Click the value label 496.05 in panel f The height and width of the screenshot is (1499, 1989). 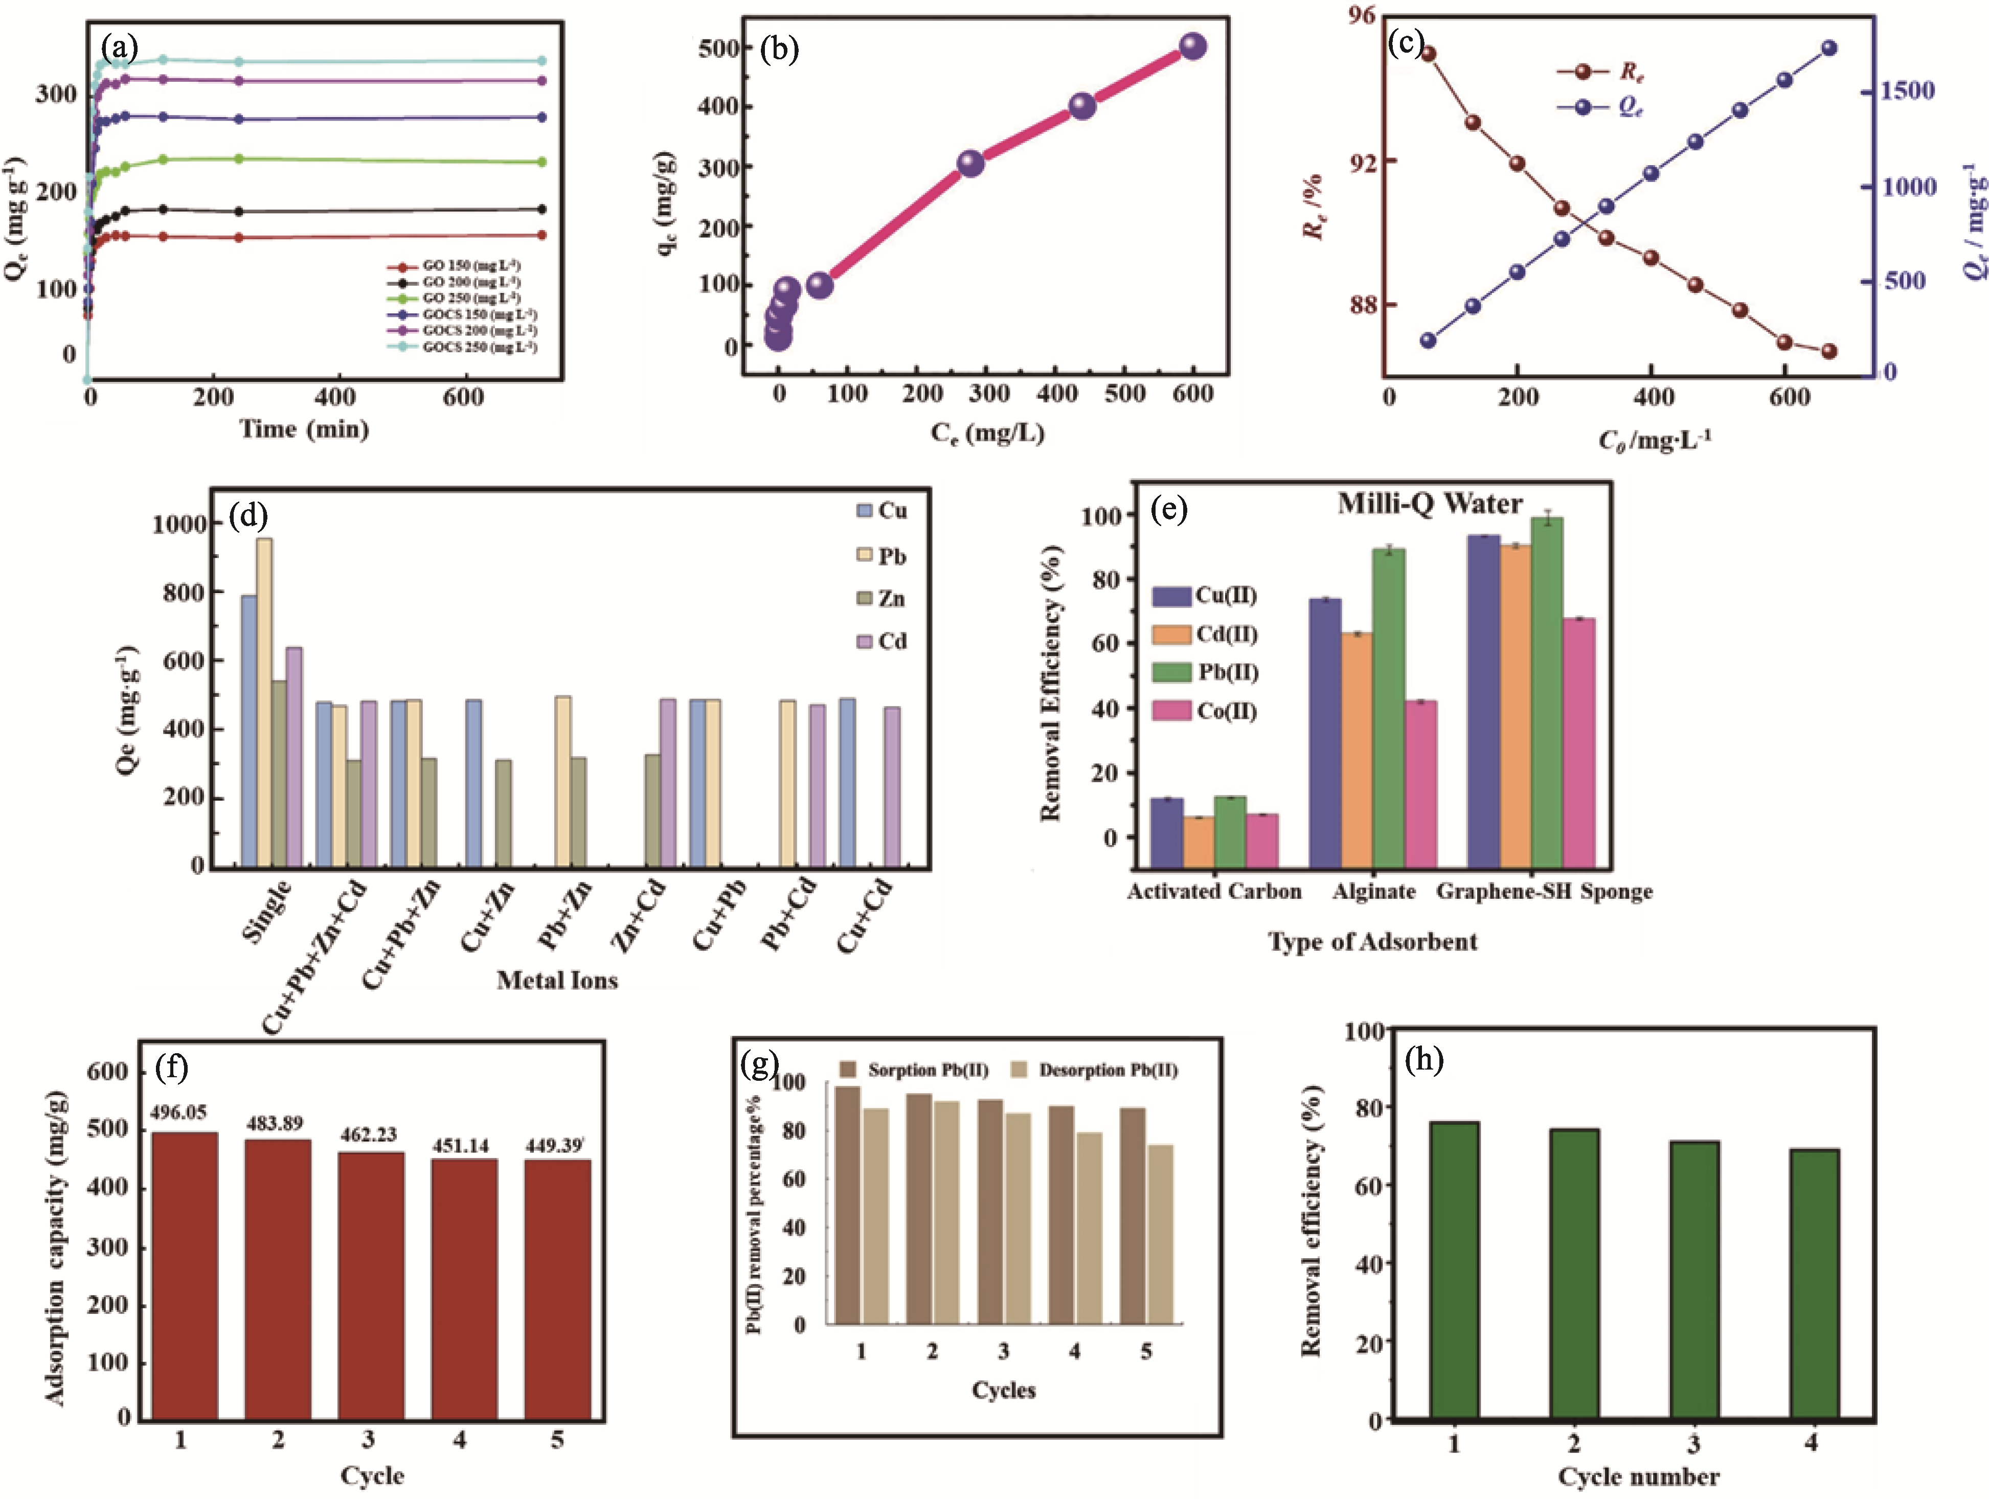[x=178, y=1113]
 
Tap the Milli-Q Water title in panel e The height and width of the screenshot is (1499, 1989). [x=1430, y=504]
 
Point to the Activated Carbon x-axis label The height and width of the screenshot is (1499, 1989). [x=1214, y=891]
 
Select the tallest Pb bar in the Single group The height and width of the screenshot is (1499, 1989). [x=264, y=701]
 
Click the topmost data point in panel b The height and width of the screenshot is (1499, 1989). [x=1192, y=46]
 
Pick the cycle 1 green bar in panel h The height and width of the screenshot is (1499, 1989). [x=1454, y=1269]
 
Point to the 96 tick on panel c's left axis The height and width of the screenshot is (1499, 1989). [x=1362, y=15]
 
